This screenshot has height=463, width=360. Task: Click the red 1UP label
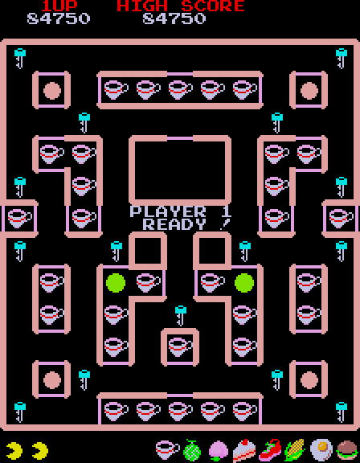(x=59, y=6)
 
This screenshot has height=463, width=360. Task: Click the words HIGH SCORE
(x=181, y=6)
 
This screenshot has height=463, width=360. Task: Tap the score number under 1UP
(x=59, y=18)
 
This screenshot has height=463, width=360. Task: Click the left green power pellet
(x=116, y=283)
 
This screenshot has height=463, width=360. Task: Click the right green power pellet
(x=244, y=283)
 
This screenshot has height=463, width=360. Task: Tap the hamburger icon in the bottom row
(x=347, y=450)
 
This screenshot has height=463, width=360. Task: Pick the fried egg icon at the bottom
(x=321, y=450)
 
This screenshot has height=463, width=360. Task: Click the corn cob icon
(x=294, y=450)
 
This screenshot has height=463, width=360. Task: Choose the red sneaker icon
(x=270, y=450)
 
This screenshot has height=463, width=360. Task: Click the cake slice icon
(x=244, y=451)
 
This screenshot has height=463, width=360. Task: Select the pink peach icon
(x=219, y=451)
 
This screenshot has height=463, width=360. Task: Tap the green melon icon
(x=192, y=450)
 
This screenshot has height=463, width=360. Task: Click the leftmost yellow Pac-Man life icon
(x=14, y=451)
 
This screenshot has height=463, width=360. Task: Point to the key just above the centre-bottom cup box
(x=180, y=316)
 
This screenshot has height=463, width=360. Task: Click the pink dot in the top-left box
(x=52, y=90)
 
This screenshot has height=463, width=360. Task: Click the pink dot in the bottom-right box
(x=309, y=380)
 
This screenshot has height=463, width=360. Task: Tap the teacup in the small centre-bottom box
(x=180, y=347)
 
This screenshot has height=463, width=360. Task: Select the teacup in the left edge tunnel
(x=19, y=218)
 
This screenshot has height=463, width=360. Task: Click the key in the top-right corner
(x=342, y=59)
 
